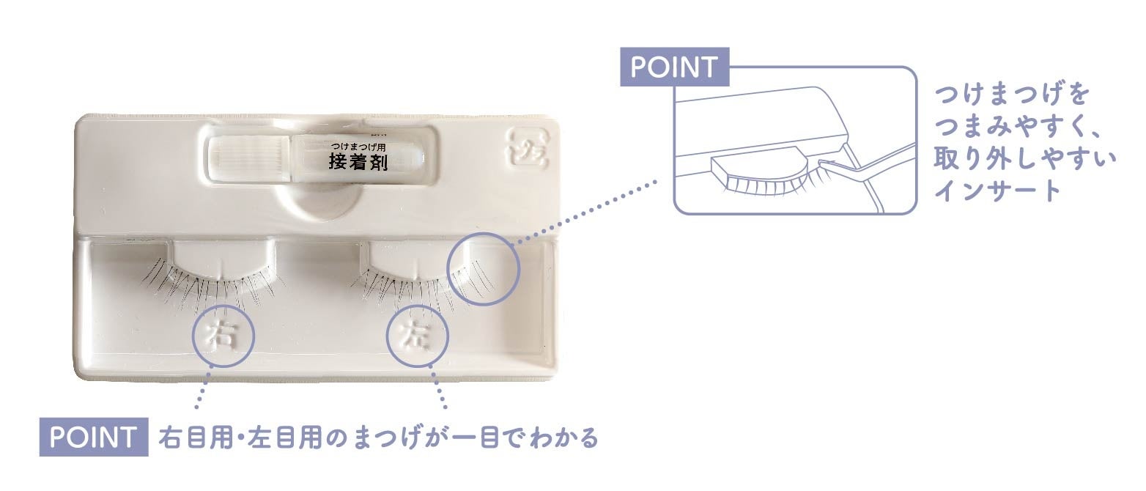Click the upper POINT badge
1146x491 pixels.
[x=674, y=68]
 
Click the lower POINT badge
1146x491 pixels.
[x=93, y=438]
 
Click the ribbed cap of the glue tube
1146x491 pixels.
[x=248, y=155]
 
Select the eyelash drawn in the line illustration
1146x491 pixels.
[x=762, y=183]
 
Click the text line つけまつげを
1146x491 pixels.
[x=1012, y=96]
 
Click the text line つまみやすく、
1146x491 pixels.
[x=1023, y=127]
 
